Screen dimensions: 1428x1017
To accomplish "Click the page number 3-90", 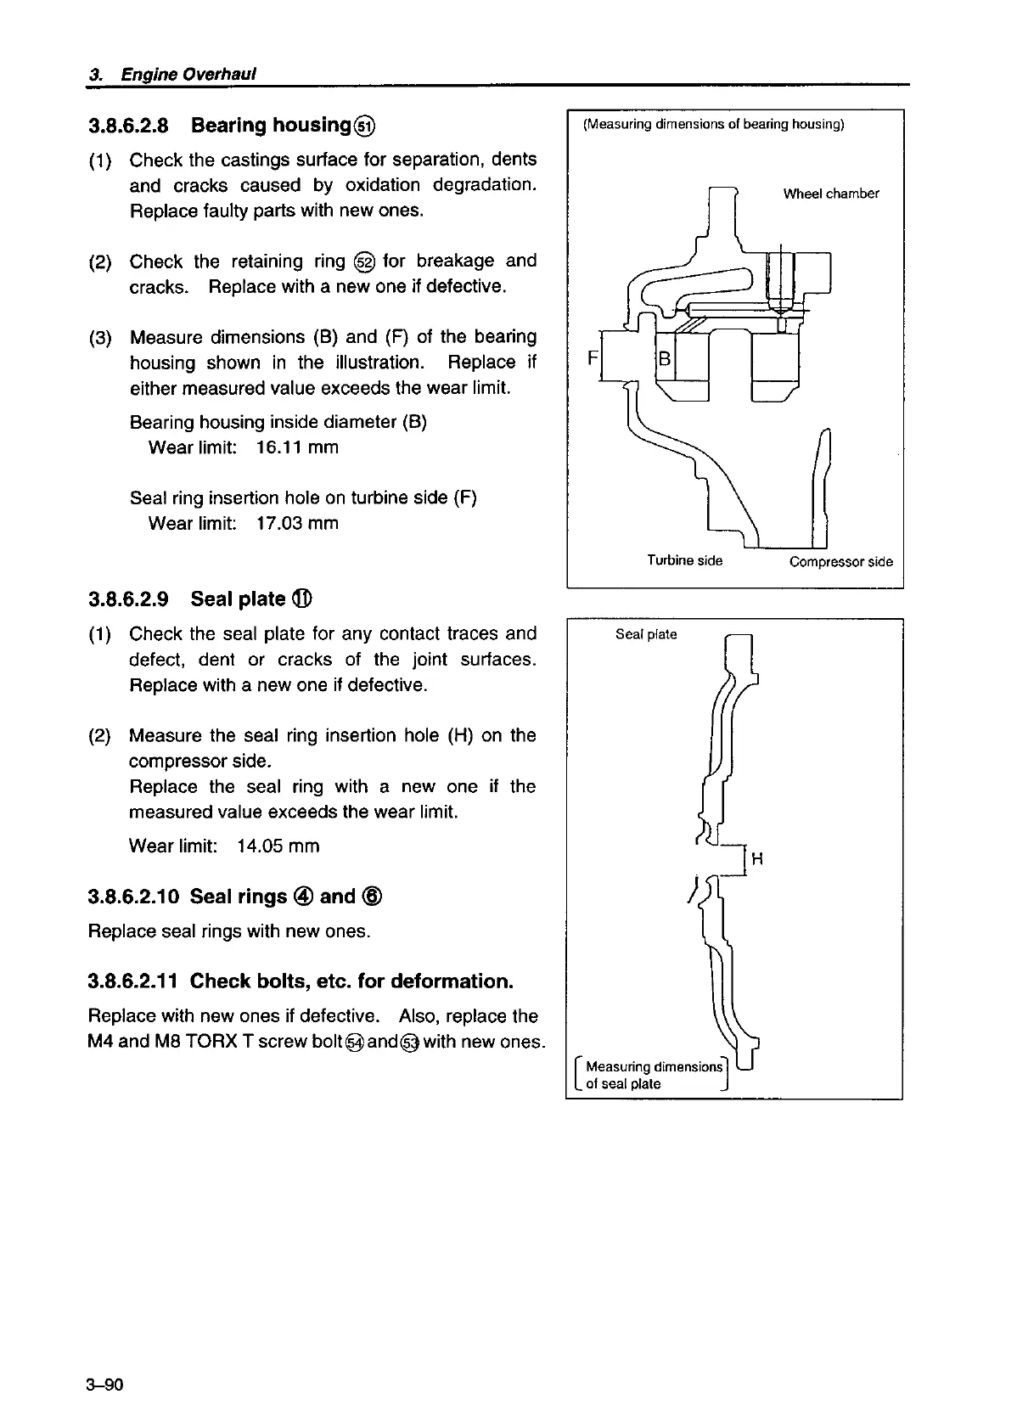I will (106, 1386).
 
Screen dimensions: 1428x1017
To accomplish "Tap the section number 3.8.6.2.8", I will (128, 126).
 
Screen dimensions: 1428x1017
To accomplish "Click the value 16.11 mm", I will (296, 447).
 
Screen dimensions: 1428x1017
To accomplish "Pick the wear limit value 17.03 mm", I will (296, 523).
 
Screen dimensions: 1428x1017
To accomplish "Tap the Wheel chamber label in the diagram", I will (830, 194).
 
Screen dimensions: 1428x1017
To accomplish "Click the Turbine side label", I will (684, 560).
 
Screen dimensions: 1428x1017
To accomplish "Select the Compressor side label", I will (840, 561).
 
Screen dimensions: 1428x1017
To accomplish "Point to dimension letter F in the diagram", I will (592, 358).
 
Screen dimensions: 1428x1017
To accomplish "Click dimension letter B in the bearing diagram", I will (666, 359).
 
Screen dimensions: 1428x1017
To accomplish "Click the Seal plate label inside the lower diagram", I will (646, 634).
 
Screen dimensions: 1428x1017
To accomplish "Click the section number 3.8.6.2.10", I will (133, 897).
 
